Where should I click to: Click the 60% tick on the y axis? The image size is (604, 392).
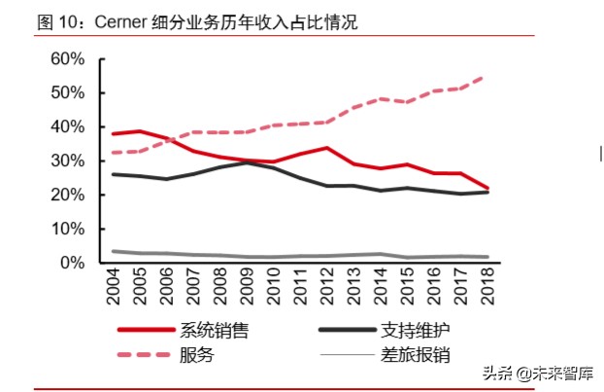pyautogui.click(x=66, y=58)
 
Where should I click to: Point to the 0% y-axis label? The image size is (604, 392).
pyautogui.click(x=72, y=263)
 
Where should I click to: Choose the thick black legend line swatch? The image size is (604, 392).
pyautogui.click(x=350, y=331)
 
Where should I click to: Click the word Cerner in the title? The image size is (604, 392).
pyautogui.click(x=121, y=21)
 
